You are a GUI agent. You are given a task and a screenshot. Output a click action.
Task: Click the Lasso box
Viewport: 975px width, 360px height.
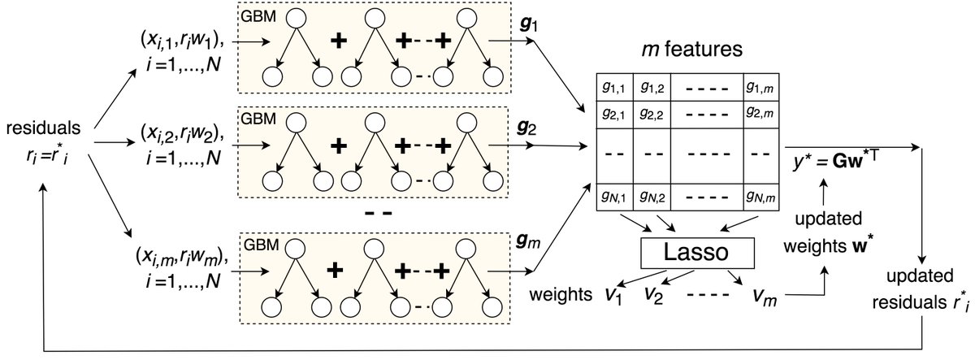click(698, 253)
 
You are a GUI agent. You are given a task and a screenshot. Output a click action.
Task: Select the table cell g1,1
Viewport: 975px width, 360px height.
click(614, 85)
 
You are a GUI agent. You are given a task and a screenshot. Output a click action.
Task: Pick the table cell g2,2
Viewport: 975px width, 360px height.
click(652, 112)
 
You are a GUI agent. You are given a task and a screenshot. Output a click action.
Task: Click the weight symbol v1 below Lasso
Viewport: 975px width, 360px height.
click(609, 296)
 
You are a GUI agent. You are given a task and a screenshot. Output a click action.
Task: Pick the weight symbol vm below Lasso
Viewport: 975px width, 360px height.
click(764, 296)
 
